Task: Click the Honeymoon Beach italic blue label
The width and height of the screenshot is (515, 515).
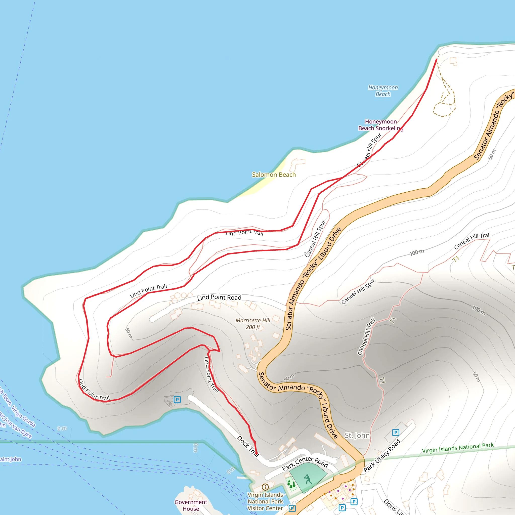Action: click(383, 91)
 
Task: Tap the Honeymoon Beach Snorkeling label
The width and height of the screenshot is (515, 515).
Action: click(381, 125)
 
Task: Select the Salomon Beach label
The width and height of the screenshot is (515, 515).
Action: click(274, 175)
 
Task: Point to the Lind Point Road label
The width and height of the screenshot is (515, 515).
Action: click(219, 297)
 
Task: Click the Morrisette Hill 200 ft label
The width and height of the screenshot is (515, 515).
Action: click(253, 324)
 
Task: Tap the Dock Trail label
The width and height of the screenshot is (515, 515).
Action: click(248, 447)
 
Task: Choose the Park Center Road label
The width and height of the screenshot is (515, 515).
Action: click(305, 463)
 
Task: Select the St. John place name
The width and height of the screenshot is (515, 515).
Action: click(357, 435)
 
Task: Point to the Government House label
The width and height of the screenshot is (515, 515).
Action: click(191, 505)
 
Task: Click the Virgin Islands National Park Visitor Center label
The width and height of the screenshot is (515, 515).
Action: click(265, 501)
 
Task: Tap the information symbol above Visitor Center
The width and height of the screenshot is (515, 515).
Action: click(265, 487)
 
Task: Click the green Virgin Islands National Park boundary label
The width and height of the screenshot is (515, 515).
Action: click(458, 448)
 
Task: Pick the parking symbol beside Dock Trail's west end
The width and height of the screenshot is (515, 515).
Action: click(177, 400)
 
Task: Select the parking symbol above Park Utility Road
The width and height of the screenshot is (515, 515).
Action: click(396, 432)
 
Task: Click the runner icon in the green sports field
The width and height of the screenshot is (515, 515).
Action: click(308, 479)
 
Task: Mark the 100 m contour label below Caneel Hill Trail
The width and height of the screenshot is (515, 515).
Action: click(417, 252)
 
